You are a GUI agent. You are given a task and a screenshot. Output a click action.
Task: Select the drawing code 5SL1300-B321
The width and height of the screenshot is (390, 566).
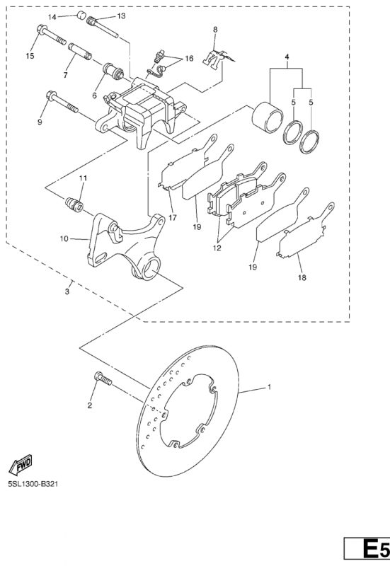coord(33,484)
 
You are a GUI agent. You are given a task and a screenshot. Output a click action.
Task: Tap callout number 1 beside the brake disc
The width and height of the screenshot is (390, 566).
coord(269,387)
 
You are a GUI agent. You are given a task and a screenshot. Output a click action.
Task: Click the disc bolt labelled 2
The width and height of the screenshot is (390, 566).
coord(103,379)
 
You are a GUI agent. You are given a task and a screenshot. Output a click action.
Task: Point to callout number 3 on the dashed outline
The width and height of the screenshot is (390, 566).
coord(67,291)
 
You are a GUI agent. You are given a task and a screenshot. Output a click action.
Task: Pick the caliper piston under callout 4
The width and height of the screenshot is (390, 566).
coord(268,117)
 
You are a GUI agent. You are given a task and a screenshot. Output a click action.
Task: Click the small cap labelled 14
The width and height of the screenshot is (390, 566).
coord(81,16)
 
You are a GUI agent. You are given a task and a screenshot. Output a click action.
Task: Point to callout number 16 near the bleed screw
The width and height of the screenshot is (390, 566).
coord(189,59)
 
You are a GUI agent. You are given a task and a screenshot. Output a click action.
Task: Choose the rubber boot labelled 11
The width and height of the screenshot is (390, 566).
coord(74,205)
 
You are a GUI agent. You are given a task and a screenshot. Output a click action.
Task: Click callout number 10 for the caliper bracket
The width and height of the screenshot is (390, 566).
coord(64,238)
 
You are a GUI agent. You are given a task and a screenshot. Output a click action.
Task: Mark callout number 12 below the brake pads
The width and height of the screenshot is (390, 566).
coord(217,248)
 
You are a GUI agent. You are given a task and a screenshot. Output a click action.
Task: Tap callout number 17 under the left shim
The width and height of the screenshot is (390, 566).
coord(173,218)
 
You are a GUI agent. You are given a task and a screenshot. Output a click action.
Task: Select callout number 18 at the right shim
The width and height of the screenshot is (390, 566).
coord(302,277)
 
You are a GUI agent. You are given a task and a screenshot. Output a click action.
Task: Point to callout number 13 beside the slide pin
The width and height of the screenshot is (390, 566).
coord(121,16)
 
